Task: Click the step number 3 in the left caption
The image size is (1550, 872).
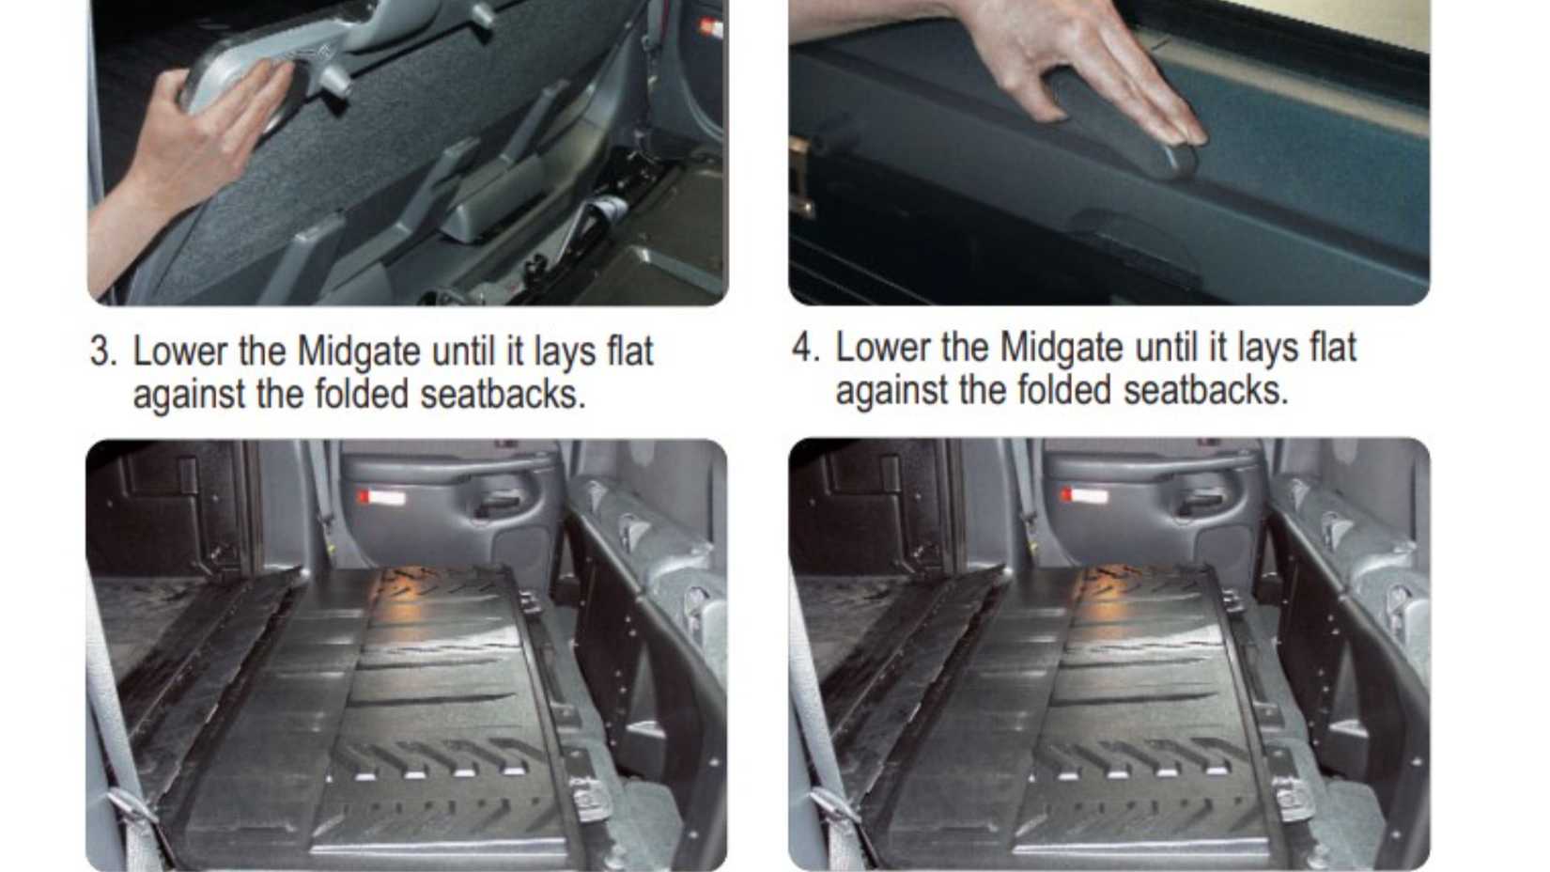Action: coord(103,351)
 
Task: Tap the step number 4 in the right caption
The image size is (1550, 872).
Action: coord(805,348)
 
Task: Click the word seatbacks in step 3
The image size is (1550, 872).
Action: coord(504,394)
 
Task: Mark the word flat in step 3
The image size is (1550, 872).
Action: coord(629,350)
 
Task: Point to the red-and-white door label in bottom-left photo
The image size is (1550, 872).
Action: coord(381,498)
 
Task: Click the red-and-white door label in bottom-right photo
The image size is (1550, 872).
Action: coord(1084,496)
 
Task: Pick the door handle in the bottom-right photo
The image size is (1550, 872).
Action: coord(1202,499)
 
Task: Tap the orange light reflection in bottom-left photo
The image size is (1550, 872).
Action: coord(415,582)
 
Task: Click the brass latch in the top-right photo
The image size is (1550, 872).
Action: coord(800,178)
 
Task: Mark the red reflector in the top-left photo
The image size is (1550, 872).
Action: coord(710,28)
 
